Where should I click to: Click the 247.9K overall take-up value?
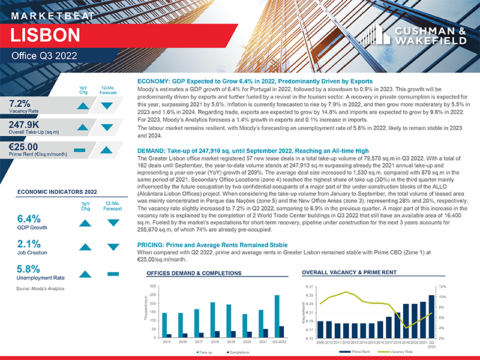[28, 125]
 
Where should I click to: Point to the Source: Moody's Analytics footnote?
[40, 289]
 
